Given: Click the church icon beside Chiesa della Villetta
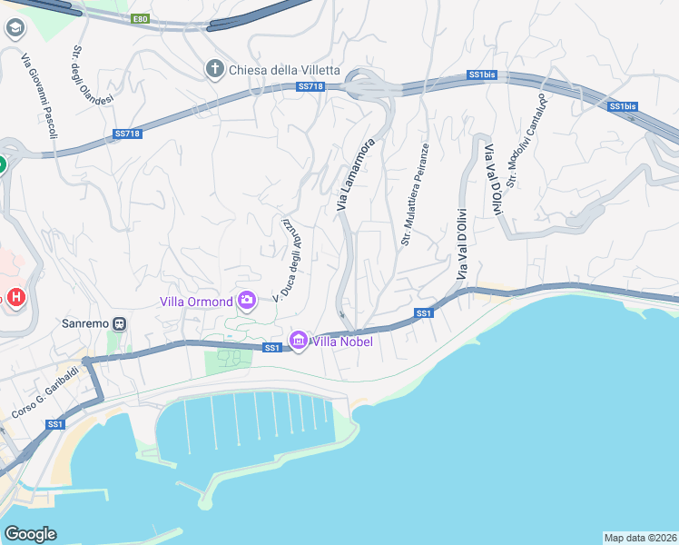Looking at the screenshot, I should (x=214, y=70).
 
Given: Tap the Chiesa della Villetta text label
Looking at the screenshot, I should (x=284, y=70).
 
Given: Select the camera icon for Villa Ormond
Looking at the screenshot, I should (x=247, y=300).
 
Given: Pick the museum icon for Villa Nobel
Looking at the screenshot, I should (x=298, y=341).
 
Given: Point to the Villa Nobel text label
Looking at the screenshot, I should (x=341, y=342).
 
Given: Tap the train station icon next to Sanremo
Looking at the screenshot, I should (x=120, y=323).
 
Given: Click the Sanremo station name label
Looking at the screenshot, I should (x=84, y=323).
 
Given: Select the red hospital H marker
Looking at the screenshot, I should (x=15, y=297).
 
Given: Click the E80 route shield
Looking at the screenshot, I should (x=139, y=18).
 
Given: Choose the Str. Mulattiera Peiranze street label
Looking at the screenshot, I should (x=414, y=193).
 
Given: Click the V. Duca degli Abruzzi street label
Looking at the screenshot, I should (x=285, y=260).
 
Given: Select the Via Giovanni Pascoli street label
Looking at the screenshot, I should (x=40, y=95).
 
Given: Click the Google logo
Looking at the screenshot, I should (x=31, y=533).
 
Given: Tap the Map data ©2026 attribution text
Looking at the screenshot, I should (x=640, y=538).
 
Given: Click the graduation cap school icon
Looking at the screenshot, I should (x=15, y=28).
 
